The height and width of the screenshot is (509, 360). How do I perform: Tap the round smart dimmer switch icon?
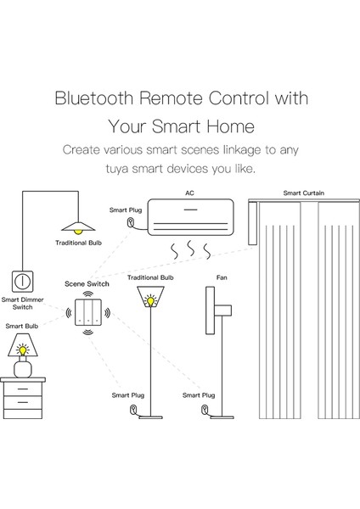point(21,280)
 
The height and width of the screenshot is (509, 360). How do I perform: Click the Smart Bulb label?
point(20,326)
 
